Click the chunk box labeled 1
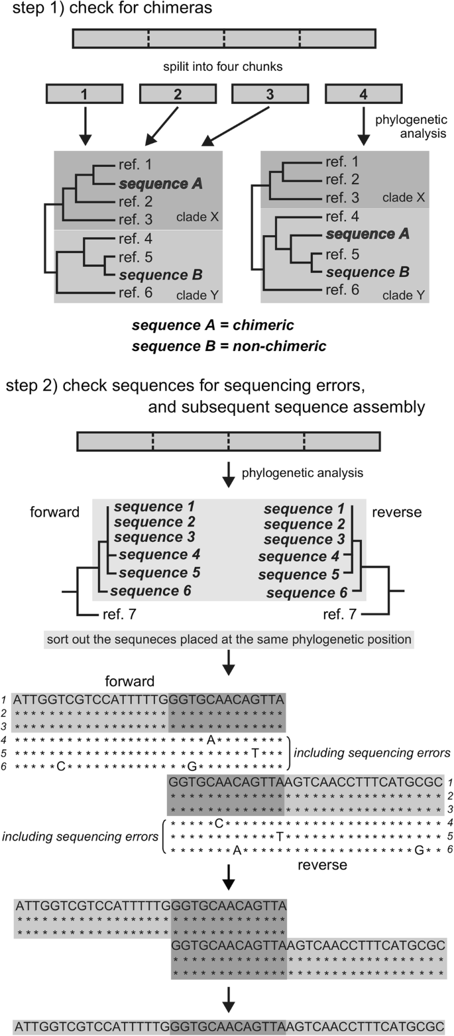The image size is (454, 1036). (x=84, y=94)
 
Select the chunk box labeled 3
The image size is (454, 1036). (x=269, y=94)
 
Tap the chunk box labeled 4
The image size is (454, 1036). (x=363, y=94)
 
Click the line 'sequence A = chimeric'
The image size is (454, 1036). (x=213, y=325)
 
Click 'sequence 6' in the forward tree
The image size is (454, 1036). (x=150, y=590)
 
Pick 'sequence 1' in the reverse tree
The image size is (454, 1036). (x=304, y=509)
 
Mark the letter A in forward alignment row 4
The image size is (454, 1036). (x=211, y=741)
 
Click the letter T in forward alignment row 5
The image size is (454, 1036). (x=255, y=753)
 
